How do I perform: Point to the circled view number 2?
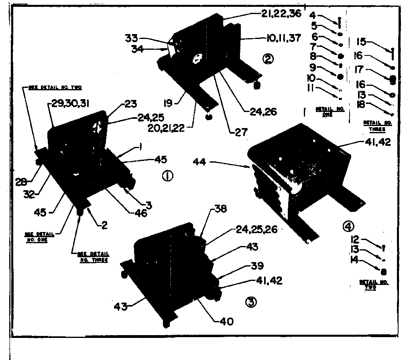click(x=267, y=59)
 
